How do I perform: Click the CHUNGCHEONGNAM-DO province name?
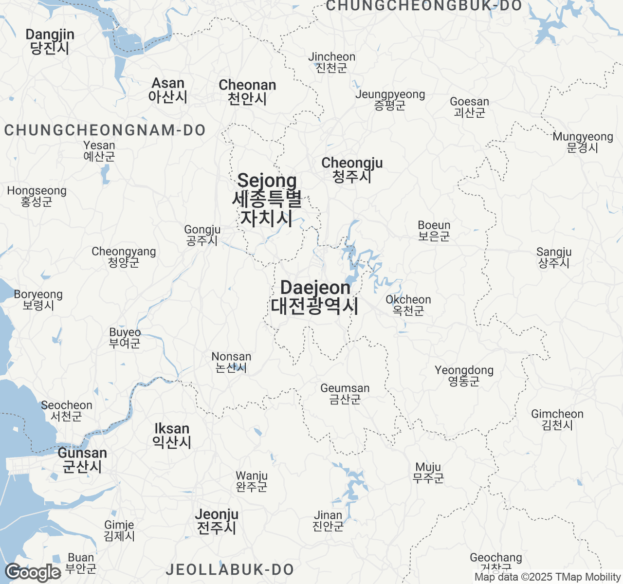(105, 130)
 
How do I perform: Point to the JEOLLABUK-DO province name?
(230, 569)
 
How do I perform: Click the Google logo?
(33, 573)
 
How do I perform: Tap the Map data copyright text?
(548, 577)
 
